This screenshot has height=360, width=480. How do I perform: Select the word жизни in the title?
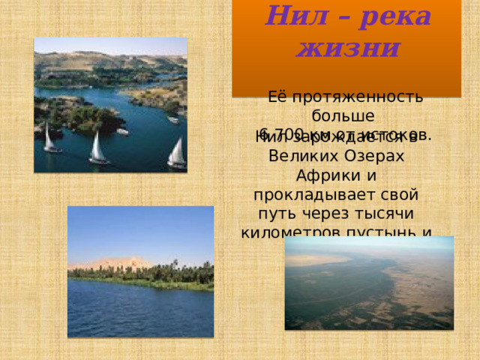pos(347,48)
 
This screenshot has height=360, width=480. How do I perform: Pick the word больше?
pos(343,116)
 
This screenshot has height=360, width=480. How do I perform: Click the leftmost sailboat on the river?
pos(49,140)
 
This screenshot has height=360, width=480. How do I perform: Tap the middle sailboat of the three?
pos(97,148)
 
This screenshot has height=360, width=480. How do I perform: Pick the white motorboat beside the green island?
pos(122,131)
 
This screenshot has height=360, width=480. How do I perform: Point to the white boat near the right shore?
pos(173,119)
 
